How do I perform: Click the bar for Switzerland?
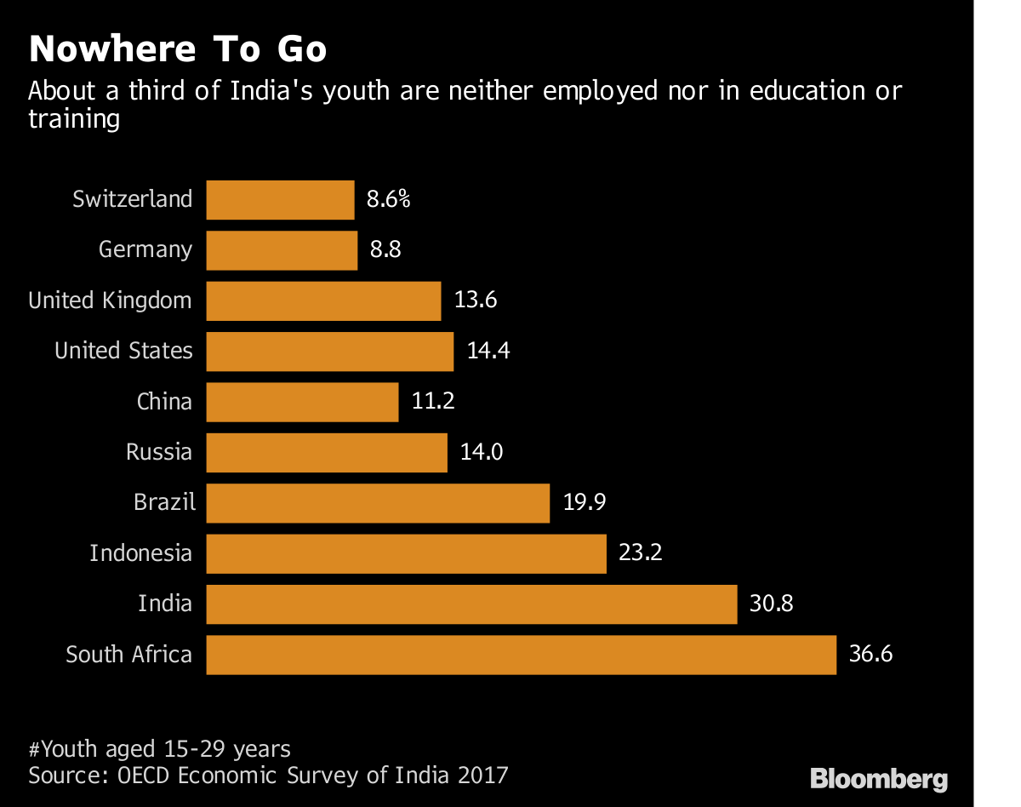click(x=280, y=200)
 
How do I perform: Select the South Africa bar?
click(x=521, y=655)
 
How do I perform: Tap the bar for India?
click(x=471, y=604)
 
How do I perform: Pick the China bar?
click(x=302, y=402)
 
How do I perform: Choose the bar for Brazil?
click(x=378, y=503)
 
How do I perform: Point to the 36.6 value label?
click(x=870, y=655)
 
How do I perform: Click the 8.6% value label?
click(x=389, y=200)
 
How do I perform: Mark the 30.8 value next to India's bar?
click(x=771, y=604)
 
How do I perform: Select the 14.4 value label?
click(x=488, y=351)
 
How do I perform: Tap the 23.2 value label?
click(x=640, y=553)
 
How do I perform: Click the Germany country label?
click(x=145, y=250)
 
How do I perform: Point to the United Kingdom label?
click(x=110, y=300)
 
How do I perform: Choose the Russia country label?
click(x=159, y=452)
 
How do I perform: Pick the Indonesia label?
click(x=141, y=553)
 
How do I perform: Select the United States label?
click(x=123, y=351)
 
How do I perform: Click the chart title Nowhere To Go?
click(x=178, y=50)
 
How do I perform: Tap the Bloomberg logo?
click(x=878, y=777)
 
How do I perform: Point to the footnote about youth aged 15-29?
click(x=160, y=749)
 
